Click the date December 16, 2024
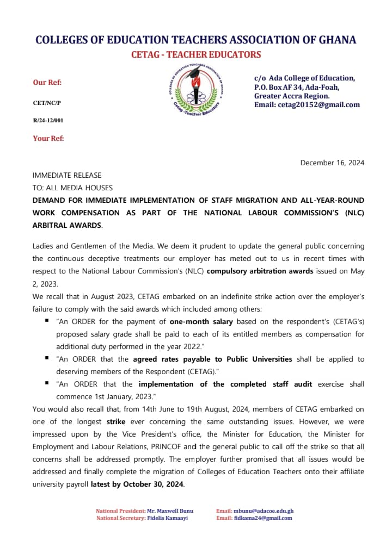(x=332, y=163)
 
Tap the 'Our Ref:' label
(x=47, y=82)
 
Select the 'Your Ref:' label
(x=48, y=138)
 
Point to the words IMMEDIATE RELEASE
(x=67, y=175)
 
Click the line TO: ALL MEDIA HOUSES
(x=72, y=188)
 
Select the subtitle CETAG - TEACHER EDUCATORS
(x=196, y=54)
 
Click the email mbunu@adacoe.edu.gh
(x=264, y=511)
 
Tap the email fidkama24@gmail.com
(x=263, y=518)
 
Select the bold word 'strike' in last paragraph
(x=115, y=421)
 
